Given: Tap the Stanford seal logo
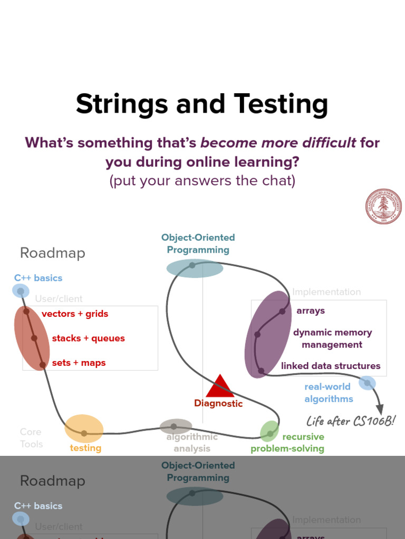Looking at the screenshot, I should pyautogui.click(x=383, y=207).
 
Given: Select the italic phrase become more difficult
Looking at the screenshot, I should pyautogui.click(x=278, y=143).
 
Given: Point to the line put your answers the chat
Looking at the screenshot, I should pyautogui.click(x=202, y=181).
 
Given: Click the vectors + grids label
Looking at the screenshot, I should pyautogui.click(x=75, y=314).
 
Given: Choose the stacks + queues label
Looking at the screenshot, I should pyautogui.click(x=88, y=338).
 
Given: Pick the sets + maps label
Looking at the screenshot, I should pyautogui.click(x=79, y=363).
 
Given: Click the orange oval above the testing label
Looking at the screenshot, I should pyautogui.click(x=84, y=428).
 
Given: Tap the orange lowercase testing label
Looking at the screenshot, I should pyautogui.click(x=85, y=448).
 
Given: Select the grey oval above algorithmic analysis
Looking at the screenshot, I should pyautogui.click(x=176, y=426).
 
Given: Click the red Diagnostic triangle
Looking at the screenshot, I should pyautogui.click(x=219, y=386).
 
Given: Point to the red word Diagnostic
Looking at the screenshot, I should pyautogui.click(x=218, y=404).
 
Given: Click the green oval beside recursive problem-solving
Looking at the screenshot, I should pyautogui.click(x=269, y=431).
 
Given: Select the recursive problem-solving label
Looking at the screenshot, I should pyautogui.click(x=287, y=443).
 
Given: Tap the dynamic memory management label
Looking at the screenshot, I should pyautogui.click(x=332, y=338).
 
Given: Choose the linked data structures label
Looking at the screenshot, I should pyautogui.click(x=331, y=366).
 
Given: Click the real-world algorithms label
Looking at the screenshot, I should pyautogui.click(x=329, y=393).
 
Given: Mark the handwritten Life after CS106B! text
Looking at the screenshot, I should pyautogui.click(x=351, y=421).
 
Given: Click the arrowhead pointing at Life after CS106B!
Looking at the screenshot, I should pyautogui.click(x=380, y=410).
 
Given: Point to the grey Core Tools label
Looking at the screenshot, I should pyautogui.click(x=31, y=438).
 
